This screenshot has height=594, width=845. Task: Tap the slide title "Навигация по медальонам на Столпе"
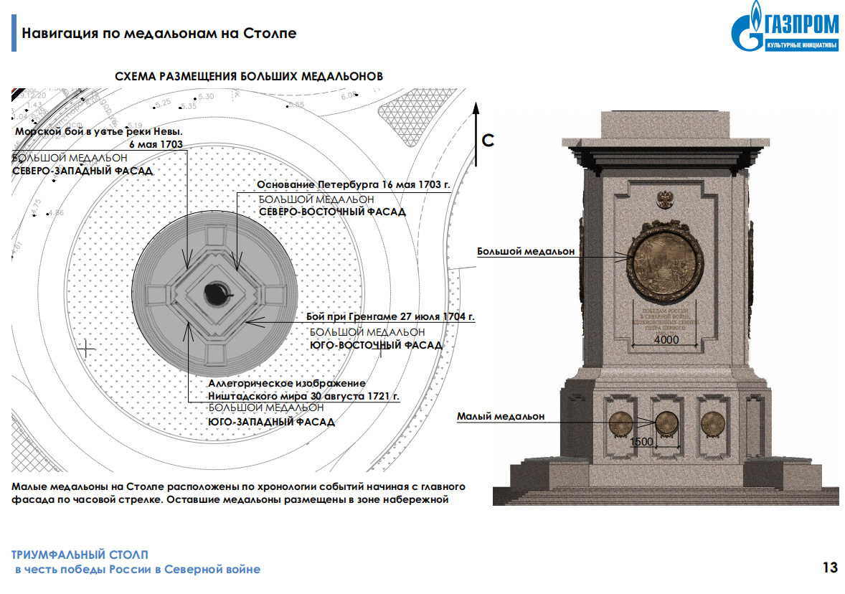pos(159,34)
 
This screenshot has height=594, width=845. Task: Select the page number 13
pos(830,568)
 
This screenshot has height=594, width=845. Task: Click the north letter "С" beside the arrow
pos(488,140)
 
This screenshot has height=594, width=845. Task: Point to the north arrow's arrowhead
pos(474,109)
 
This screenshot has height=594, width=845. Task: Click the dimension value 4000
pos(666,340)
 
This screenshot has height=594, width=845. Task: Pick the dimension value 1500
pos(641,442)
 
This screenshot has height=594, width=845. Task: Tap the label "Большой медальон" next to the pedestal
pos(526,252)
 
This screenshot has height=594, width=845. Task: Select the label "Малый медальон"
pos(501,416)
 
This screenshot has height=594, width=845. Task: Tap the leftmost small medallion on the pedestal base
pos(619,424)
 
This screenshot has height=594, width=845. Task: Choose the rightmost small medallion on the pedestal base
pos(712,424)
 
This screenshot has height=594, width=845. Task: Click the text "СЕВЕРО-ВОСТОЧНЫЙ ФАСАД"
pos(331,212)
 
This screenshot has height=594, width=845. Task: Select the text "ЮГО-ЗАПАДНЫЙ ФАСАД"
pos(271,422)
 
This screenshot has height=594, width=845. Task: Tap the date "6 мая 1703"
pos(156,144)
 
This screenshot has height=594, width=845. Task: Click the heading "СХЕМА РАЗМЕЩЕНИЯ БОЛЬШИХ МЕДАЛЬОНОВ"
pos(249,76)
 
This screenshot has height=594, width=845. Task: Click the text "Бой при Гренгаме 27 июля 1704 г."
pos(390,316)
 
